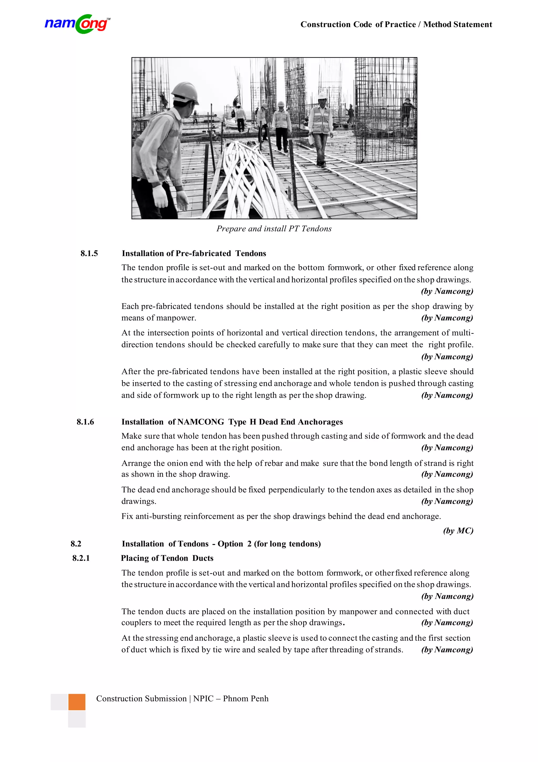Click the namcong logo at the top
[x=77, y=24]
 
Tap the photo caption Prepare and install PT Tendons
[x=274, y=229]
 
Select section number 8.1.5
[x=89, y=254]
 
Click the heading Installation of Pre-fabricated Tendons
[x=194, y=254]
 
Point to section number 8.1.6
[x=85, y=422]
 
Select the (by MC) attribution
[x=458, y=531]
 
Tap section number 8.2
[x=76, y=544]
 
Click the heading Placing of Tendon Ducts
[x=167, y=558]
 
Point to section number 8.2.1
[x=81, y=558]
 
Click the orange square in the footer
[x=77, y=702]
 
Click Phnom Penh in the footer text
[x=246, y=699]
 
